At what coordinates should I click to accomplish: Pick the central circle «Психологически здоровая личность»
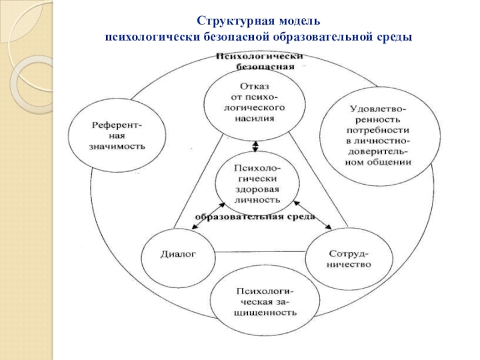click(x=256, y=183)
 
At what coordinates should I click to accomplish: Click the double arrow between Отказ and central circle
click(x=256, y=146)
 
